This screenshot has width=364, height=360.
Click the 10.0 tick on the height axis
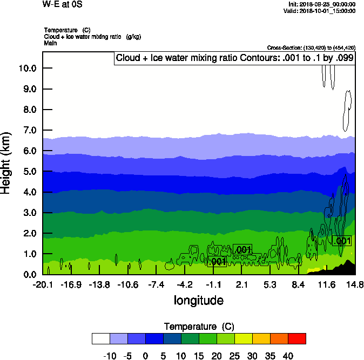click(x=28, y=68)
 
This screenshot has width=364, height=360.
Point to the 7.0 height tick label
click(x=28, y=130)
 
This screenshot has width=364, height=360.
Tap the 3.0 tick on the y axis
click(x=28, y=213)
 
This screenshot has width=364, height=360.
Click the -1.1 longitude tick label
click(x=213, y=284)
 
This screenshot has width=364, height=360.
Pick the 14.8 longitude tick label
click(x=355, y=284)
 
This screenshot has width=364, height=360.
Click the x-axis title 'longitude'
click(x=198, y=300)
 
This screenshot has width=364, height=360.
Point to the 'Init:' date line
click(x=322, y=4)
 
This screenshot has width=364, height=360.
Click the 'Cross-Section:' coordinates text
click(x=311, y=47)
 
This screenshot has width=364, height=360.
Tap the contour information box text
click(x=234, y=58)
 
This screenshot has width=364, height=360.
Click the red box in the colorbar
click(x=296, y=338)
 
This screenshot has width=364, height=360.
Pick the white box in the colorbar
click(x=101, y=338)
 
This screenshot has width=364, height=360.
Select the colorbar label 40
click(x=288, y=356)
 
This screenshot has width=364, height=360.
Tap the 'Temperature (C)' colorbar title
click(x=198, y=327)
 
